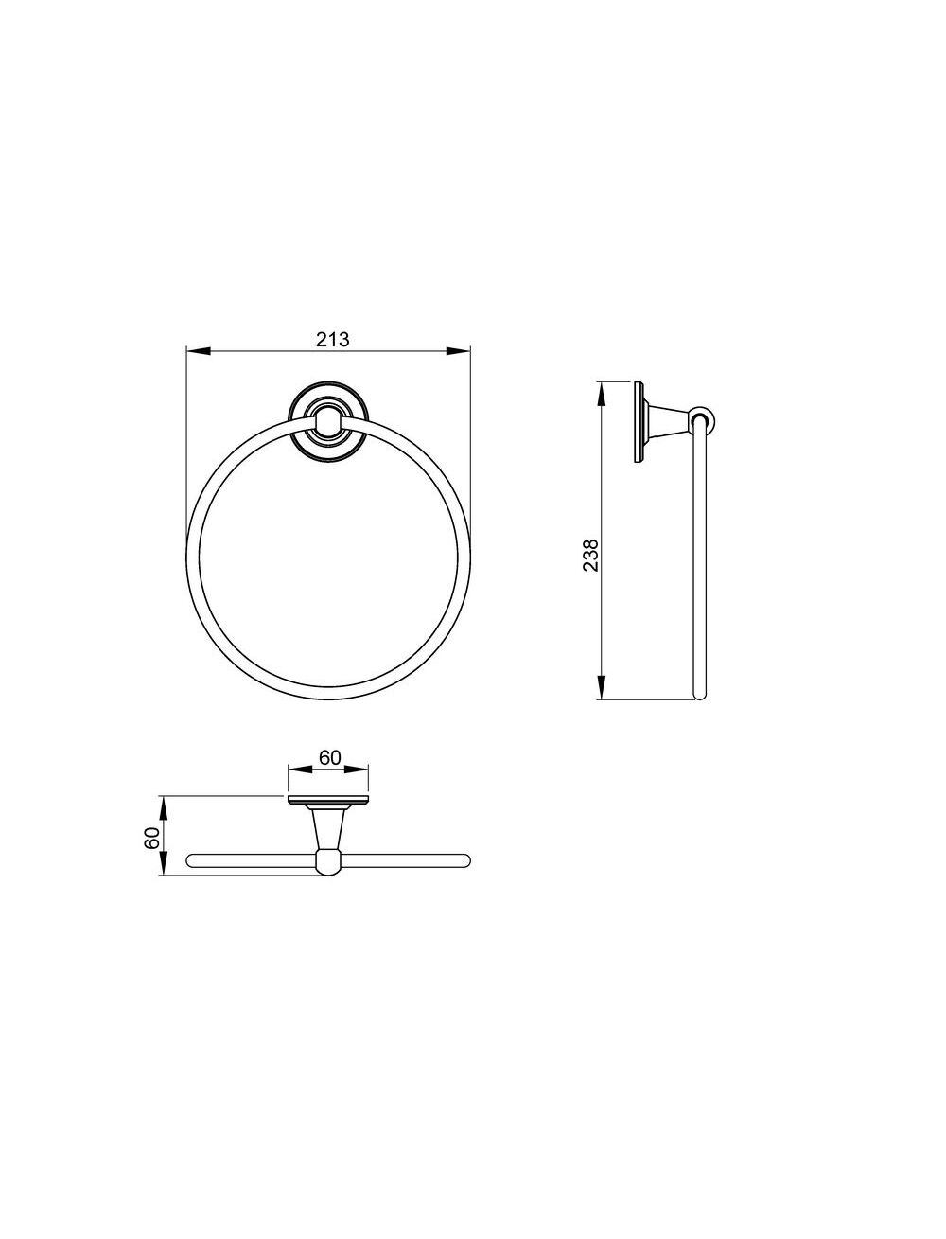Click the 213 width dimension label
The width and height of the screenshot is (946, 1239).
pyautogui.click(x=332, y=339)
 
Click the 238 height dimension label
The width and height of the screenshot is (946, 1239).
pyautogui.click(x=590, y=556)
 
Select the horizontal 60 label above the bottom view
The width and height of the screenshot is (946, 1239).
pyautogui.click(x=330, y=757)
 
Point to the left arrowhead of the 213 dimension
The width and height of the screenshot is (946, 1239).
pyautogui.click(x=198, y=351)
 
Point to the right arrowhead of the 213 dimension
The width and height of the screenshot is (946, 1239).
pyautogui.click(x=458, y=351)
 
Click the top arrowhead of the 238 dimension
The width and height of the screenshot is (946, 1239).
pyautogui.click(x=602, y=394)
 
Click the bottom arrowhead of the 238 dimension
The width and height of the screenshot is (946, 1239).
pyautogui.click(x=602, y=687)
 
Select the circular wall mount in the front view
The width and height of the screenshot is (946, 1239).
pyautogui.click(x=327, y=421)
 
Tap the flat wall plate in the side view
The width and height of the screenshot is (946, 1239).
pyautogui.click(x=639, y=421)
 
